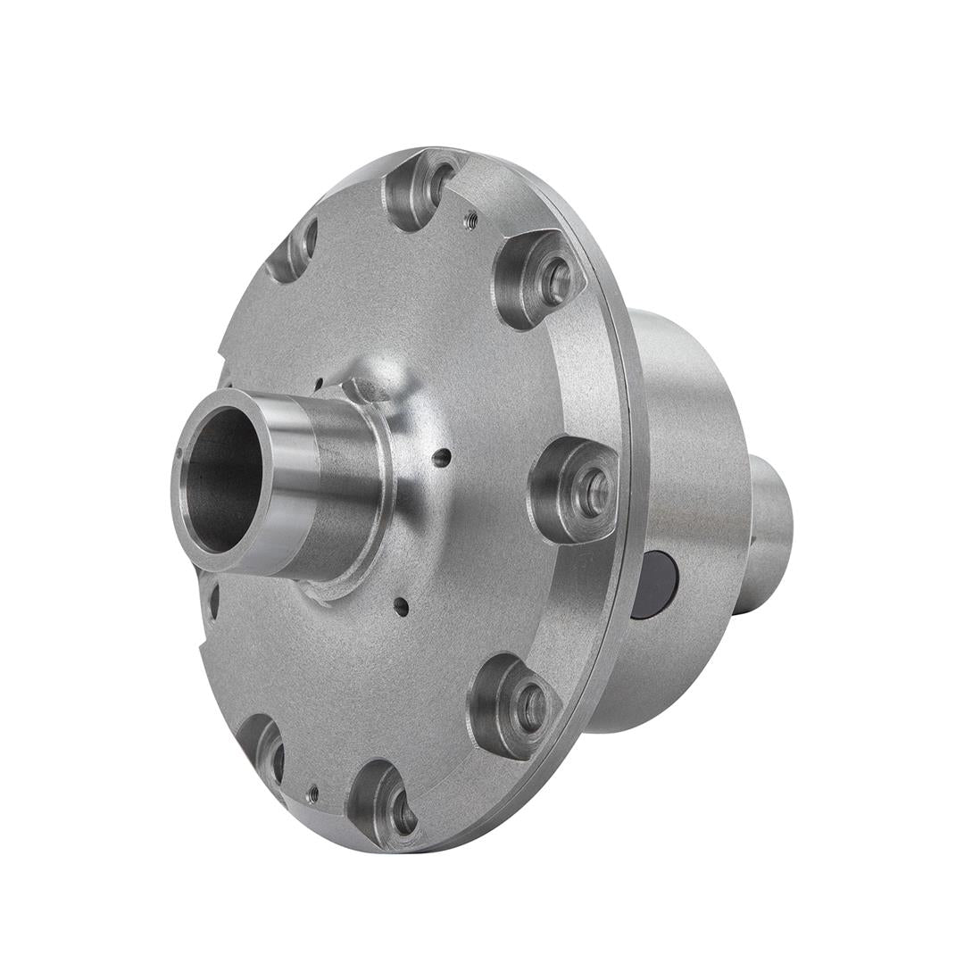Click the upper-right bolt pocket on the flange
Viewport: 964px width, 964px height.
[540, 278]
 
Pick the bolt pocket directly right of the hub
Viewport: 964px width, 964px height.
[576, 489]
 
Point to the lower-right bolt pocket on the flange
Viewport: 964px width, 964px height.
[515, 705]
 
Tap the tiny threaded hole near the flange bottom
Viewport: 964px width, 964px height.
[312, 791]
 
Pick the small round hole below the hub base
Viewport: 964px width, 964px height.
[402, 607]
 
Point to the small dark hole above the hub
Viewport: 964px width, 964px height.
[319, 386]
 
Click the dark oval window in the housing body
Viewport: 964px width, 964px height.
[656, 585]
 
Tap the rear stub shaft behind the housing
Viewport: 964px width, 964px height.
[769, 536]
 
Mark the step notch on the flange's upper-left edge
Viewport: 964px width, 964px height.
[220, 357]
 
